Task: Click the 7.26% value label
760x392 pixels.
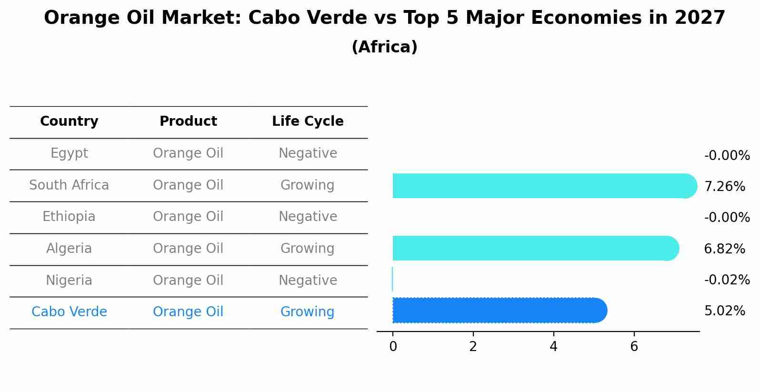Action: [x=724, y=187]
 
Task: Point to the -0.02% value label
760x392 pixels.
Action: [x=727, y=280]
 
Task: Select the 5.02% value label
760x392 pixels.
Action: [x=724, y=311]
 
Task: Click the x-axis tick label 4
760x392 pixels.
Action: [x=553, y=347]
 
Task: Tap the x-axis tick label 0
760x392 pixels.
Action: [x=393, y=347]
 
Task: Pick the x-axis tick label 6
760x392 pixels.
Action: [x=634, y=347]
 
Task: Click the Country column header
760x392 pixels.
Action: [x=69, y=121]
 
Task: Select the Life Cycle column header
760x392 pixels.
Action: [x=308, y=121]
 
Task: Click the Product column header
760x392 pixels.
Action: [x=188, y=121]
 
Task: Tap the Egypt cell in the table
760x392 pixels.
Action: [x=69, y=153]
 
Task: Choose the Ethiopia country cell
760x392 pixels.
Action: [x=69, y=217]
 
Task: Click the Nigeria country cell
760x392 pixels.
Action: [x=69, y=280]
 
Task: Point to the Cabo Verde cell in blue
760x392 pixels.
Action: [x=69, y=312]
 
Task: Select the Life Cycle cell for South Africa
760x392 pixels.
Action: [x=308, y=185]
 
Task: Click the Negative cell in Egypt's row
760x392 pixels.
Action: [x=308, y=153]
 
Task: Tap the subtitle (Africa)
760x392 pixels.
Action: [x=384, y=47]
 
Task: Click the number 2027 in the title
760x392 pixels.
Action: [x=700, y=18]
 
